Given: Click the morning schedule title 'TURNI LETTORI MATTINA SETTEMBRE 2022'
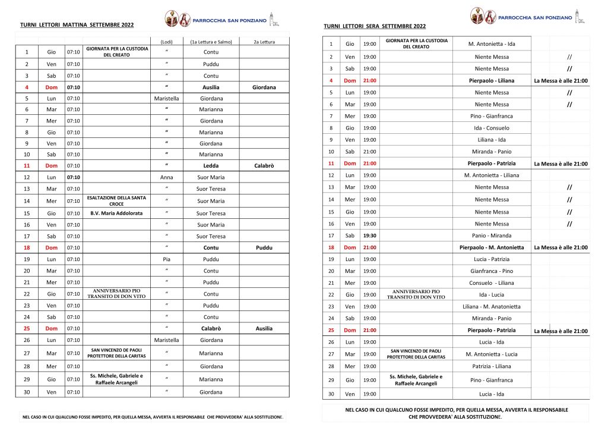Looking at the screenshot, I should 77,25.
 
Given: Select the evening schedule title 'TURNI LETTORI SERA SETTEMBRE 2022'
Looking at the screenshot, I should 375,27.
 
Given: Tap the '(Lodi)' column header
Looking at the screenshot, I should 167,42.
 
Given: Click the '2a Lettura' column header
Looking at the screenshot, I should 264,42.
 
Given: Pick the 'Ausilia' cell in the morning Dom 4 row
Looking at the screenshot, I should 211,87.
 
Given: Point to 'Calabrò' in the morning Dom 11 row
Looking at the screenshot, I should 264,165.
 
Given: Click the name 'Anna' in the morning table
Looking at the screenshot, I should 167,177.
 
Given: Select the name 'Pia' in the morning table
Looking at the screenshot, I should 167,259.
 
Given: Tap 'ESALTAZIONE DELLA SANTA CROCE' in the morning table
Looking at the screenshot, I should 116,201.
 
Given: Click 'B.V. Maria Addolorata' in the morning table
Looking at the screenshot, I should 116,213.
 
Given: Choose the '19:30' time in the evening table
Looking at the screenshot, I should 370,236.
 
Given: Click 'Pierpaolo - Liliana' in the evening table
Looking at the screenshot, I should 491,80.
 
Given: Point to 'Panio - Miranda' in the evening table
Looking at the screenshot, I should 491,236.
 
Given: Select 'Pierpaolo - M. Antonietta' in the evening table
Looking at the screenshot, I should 491,247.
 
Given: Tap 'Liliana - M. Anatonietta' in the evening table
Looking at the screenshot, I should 491,307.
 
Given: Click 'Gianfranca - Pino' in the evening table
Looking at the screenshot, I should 491,271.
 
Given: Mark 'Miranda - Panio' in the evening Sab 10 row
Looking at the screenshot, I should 491,152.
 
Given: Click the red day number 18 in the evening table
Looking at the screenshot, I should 331,247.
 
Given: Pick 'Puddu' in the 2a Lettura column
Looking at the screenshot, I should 264,247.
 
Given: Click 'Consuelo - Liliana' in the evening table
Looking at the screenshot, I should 491,283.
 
